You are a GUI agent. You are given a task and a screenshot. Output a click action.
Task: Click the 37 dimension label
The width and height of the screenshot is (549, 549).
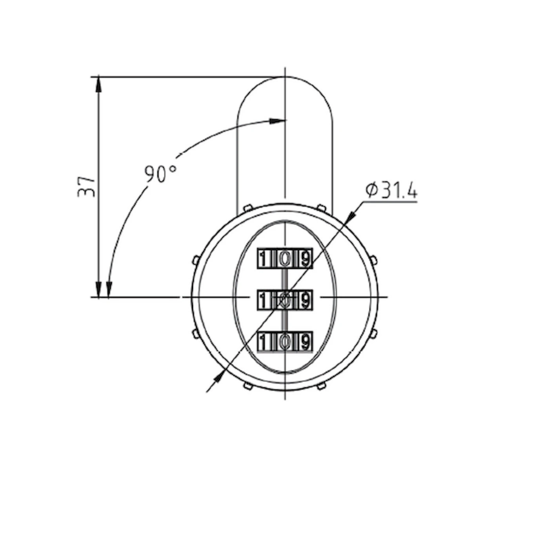tap(86, 187)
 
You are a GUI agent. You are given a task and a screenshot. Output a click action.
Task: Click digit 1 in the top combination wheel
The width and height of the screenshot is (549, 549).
tap(263, 259)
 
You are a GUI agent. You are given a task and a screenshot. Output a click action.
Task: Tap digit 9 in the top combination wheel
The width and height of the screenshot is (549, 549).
tap(305, 259)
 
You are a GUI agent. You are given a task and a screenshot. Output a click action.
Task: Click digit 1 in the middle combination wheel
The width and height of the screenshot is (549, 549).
tap(263, 300)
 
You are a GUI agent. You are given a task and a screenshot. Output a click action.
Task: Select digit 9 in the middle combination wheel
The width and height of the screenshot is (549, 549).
tap(305, 300)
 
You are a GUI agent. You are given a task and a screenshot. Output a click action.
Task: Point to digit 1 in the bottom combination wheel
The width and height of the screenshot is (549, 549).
tap(263, 342)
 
